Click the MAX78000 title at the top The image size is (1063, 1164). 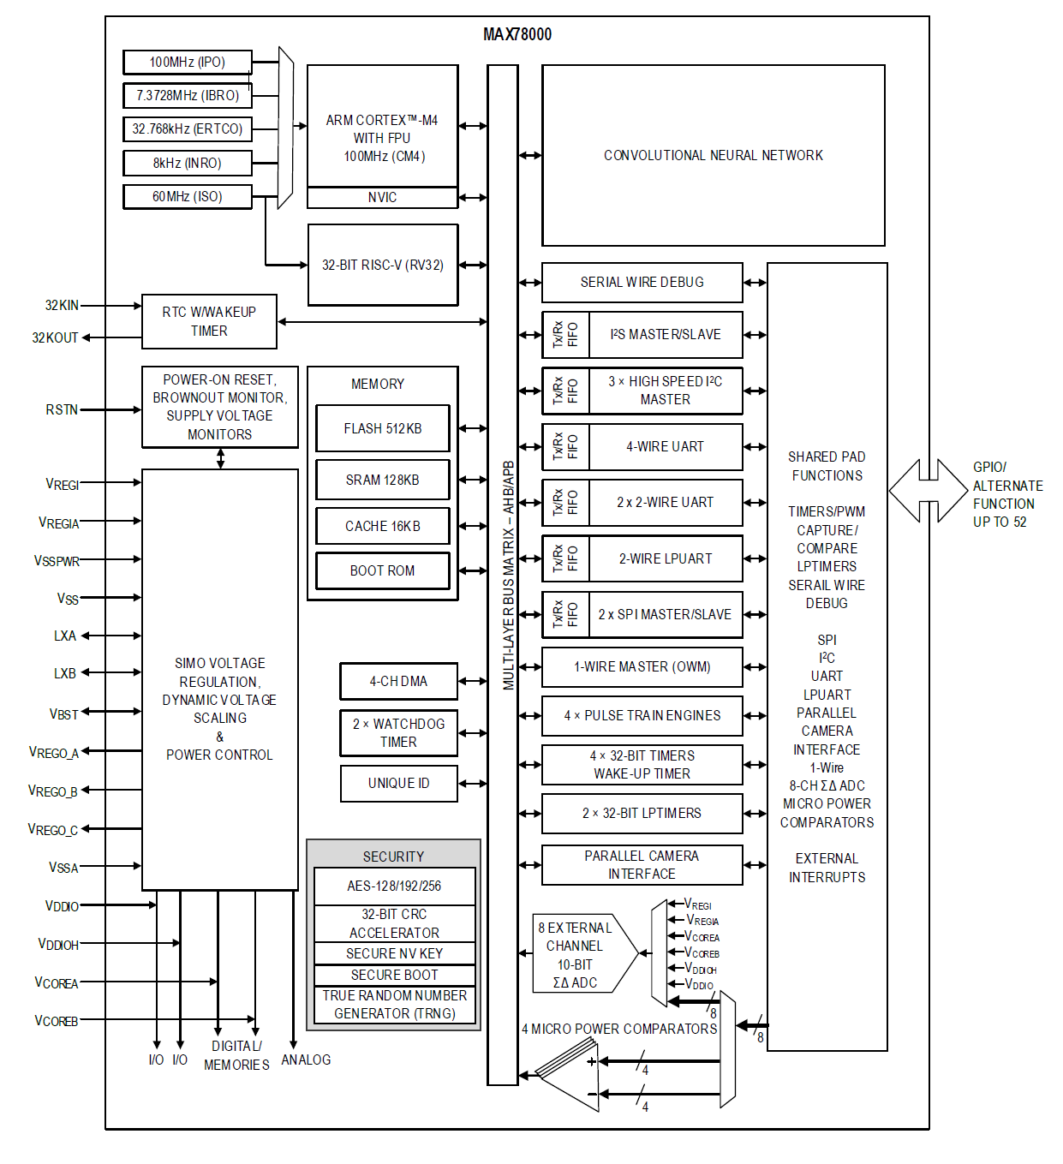coord(517,34)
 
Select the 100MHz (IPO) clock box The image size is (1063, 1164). coord(188,63)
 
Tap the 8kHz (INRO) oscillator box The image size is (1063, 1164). coord(188,163)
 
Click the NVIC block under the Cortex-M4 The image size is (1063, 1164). coord(382,198)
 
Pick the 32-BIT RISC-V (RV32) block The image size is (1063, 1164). coord(382,265)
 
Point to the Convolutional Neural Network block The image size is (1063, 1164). coord(713,155)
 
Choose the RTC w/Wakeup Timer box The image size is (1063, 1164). coord(209,321)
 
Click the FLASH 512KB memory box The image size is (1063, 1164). coord(382,428)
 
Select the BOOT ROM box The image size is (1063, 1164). coord(382,570)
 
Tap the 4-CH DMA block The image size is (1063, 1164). coord(398,681)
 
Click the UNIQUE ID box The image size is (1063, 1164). coord(398,783)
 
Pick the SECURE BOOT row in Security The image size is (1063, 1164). coord(394,975)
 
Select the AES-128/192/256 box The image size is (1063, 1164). coord(394,886)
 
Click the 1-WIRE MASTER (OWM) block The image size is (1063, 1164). coord(642,666)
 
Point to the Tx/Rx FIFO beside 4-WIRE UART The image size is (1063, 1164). coord(565,446)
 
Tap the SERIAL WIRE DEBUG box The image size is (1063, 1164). coord(642,282)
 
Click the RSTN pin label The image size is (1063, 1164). coord(62,410)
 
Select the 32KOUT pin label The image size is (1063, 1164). coord(55,337)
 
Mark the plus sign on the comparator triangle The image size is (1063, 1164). coord(592,1062)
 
